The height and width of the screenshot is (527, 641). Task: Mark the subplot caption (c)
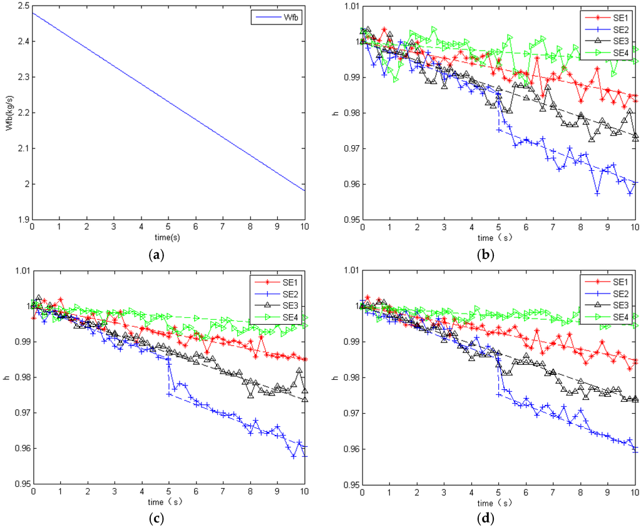click(167, 517)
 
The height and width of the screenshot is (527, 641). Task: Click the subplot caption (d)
click(498, 517)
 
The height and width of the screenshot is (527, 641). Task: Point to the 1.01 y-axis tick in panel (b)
click(347, 6)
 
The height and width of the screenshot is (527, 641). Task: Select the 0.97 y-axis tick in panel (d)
click(347, 413)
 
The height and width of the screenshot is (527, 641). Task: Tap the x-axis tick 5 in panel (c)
click(168, 493)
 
